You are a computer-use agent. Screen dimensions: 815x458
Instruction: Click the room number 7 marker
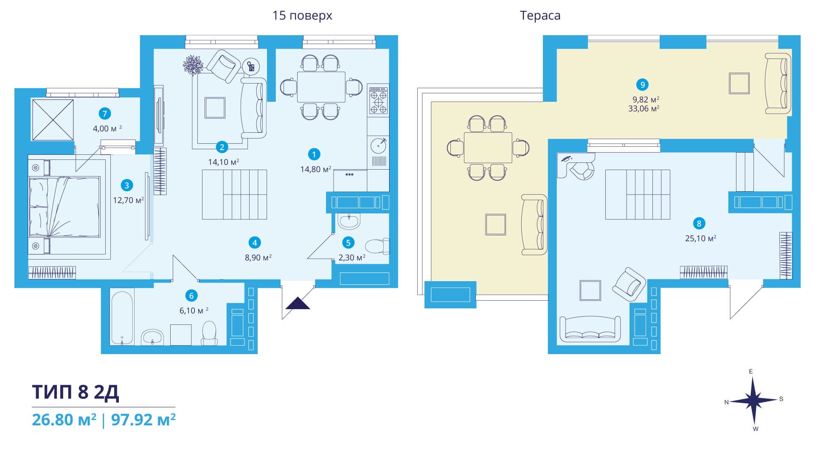104,114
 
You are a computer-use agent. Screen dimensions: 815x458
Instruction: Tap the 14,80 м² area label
316,169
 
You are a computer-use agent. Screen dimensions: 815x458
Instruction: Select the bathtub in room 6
122,317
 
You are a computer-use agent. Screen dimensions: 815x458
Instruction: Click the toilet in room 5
377,246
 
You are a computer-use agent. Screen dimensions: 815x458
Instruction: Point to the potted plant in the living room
193,65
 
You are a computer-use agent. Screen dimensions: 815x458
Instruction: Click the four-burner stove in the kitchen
378,101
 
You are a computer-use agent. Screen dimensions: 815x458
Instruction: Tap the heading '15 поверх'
302,16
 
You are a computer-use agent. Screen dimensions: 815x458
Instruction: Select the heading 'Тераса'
540,16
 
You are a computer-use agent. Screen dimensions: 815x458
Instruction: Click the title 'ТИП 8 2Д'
76,392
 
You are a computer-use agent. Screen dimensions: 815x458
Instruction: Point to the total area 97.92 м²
143,420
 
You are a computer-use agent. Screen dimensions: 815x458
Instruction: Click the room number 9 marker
642,85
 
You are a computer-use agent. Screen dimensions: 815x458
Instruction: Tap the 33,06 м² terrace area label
644,109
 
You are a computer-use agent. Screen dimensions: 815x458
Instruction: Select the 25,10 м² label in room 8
700,238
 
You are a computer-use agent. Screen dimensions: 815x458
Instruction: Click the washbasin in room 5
349,221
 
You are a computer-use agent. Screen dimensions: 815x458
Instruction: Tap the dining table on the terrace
488,148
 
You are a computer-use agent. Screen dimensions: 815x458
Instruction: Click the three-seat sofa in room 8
590,329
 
